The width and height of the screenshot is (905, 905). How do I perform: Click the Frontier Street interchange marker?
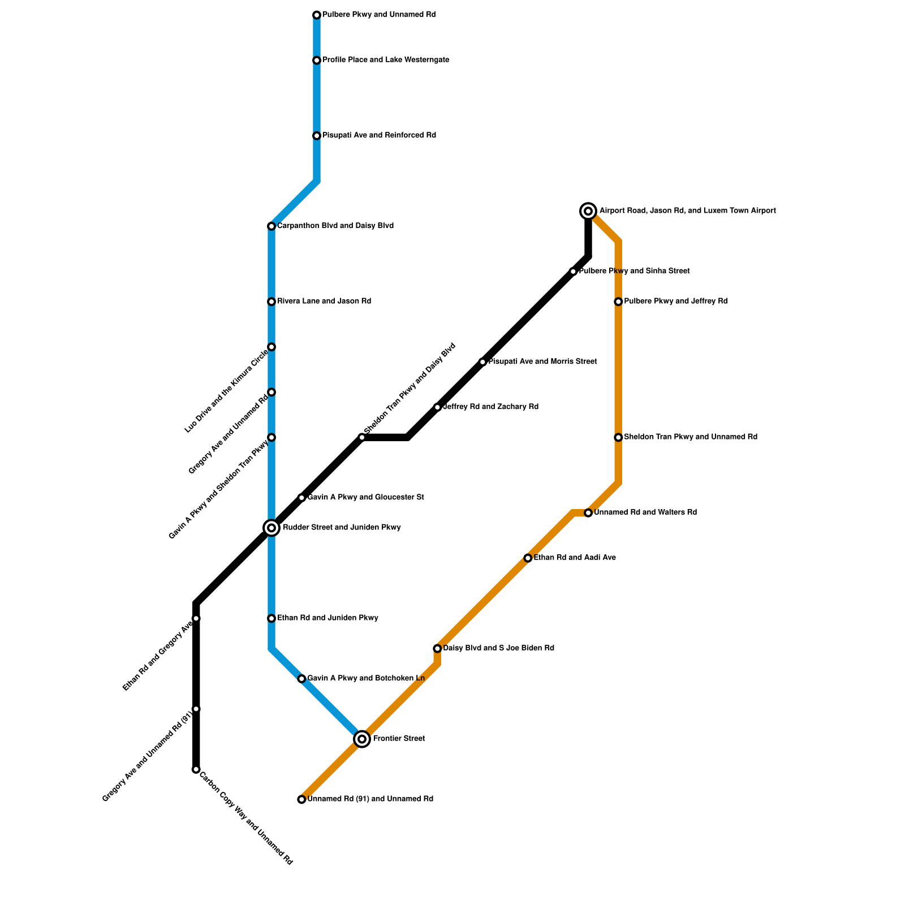point(362,739)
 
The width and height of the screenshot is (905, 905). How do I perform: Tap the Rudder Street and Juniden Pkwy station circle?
point(271,528)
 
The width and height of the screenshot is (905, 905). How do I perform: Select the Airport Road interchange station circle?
point(588,211)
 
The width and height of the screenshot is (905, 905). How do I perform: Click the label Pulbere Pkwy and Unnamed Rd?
point(379,15)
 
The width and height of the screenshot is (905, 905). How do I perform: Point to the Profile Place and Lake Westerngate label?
point(386,60)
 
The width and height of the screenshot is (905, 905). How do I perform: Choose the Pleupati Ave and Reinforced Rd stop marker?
point(317,136)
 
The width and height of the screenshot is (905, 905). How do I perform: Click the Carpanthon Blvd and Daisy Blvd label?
point(335,226)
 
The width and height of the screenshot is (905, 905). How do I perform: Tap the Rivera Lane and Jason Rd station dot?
point(271,301)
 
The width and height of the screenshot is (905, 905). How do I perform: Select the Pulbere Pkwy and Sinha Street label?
point(634,271)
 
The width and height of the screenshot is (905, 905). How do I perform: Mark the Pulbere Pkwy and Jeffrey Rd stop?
point(618,301)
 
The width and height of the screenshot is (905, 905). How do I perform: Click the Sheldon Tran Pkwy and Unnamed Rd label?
point(691,437)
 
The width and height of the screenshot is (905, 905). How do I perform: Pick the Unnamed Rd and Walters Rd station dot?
point(588,513)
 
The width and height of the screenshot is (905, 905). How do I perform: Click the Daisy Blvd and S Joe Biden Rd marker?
point(437,648)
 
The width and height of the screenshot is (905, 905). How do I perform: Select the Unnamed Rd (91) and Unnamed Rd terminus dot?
point(301,799)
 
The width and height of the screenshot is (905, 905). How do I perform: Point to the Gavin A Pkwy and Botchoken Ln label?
point(366,678)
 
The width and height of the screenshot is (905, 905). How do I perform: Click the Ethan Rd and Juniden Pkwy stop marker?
point(271,618)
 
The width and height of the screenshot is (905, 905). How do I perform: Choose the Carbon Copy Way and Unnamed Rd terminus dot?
point(196,769)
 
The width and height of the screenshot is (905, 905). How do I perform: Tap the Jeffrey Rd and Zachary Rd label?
point(490,407)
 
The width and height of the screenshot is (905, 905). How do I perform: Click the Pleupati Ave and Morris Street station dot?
point(482,362)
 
